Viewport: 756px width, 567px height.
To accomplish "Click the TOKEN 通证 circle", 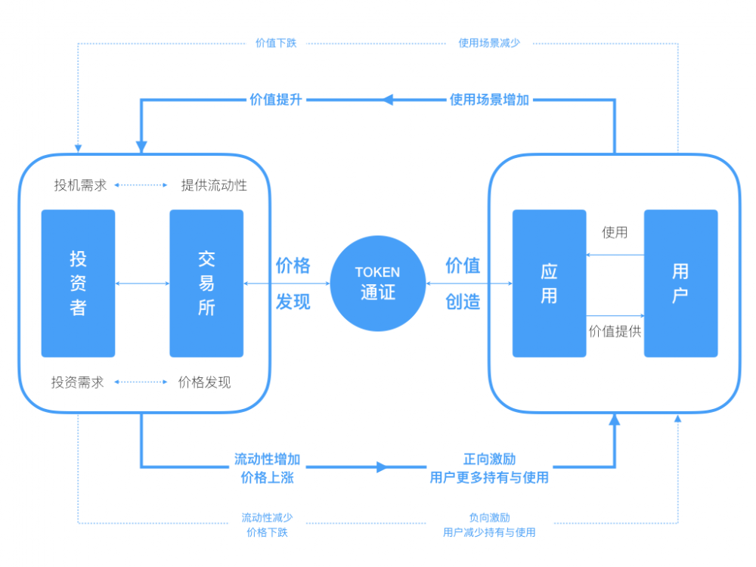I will click(377, 283).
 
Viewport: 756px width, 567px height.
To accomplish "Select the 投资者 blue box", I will click(78, 283).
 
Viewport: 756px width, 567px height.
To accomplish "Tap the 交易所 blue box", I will click(206, 283).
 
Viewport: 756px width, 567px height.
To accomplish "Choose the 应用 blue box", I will click(549, 283).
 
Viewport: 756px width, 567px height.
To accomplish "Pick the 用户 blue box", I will click(680, 283).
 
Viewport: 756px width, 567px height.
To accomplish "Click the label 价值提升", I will click(276, 99).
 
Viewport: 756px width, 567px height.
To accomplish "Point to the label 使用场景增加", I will click(489, 99).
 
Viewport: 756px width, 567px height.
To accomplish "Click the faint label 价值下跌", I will click(276, 43).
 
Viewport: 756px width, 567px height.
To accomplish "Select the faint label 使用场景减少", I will click(489, 43).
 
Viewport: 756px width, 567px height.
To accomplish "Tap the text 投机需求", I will click(80, 185).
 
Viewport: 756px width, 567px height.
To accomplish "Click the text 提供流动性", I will click(214, 185).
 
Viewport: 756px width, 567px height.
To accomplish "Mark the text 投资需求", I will click(78, 383).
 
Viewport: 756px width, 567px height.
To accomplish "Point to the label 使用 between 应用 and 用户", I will click(615, 232).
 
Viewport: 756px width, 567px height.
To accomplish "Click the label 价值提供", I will click(615, 331).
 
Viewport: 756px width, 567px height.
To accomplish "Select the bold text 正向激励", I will click(489, 460).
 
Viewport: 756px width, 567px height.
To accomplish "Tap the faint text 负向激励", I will click(489, 518).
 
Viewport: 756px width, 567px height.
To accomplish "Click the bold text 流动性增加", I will click(267, 460).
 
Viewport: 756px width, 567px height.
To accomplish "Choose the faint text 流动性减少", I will click(267, 518).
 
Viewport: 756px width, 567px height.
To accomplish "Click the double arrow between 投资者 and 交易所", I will click(142, 283).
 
